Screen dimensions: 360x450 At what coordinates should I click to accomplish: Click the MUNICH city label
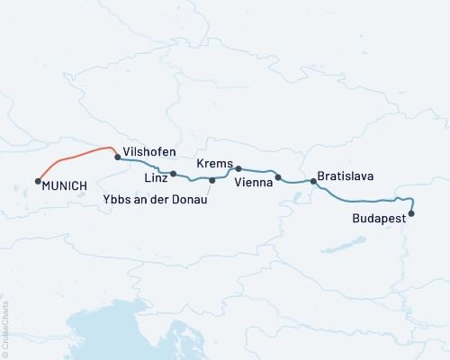[65, 185]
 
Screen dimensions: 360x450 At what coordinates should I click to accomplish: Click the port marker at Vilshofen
[118, 157]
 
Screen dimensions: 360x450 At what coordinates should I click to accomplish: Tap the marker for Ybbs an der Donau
[212, 181]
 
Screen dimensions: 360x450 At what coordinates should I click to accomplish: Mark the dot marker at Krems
[238, 168]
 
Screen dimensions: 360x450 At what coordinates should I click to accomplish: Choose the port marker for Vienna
[278, 177]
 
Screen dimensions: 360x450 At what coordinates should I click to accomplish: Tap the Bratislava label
[346, 176]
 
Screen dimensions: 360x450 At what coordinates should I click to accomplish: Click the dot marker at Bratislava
[313, 182]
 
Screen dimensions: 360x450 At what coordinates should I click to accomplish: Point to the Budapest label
[378, 219]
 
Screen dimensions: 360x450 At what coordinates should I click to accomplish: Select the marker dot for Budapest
[411, 213]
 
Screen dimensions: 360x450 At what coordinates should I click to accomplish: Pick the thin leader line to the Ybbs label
[209, 188]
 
